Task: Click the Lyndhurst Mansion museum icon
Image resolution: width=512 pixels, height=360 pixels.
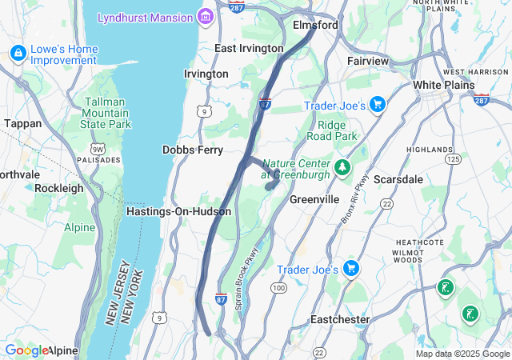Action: point(206,17)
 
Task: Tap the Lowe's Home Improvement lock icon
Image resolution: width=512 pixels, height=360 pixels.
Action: point(18,54)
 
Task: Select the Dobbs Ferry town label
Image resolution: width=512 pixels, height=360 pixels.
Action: point(193,150)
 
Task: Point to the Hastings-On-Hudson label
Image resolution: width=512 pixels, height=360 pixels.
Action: point(178,211)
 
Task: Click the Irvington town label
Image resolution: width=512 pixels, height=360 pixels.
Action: point(206,74)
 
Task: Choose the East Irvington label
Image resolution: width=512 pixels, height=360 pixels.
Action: point(249,48)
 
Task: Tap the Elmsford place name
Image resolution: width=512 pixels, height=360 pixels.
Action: point(315,25)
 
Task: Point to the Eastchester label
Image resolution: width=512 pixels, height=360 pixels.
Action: point(340,319)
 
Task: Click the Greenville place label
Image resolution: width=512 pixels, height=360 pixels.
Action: point(315,198)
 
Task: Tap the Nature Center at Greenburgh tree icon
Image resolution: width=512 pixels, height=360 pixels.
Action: point(343,167)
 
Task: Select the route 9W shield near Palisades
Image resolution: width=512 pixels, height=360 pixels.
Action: point(97,148)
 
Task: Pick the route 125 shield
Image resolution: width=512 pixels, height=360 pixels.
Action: point(453,159)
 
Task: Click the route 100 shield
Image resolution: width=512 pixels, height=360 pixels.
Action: point(278,287)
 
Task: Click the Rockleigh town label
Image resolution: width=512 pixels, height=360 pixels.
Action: point(58,188)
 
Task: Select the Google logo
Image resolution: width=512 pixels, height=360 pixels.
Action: point(26,350)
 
